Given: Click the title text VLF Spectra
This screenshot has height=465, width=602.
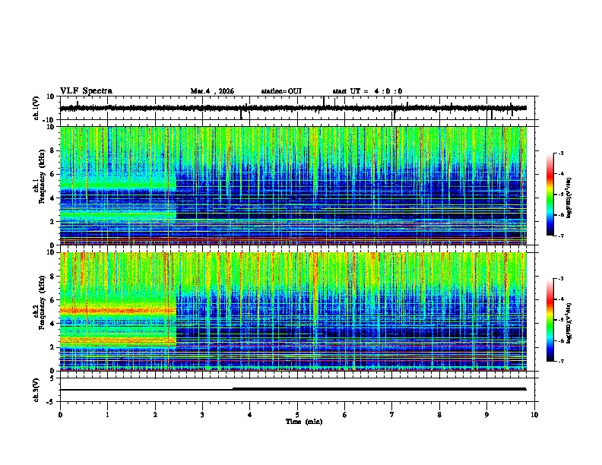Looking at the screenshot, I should click(x=86, y=91).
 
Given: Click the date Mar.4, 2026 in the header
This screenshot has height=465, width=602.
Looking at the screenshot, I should click(x=212, y=91).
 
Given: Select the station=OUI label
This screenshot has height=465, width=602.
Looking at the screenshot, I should click(x=281, y=91).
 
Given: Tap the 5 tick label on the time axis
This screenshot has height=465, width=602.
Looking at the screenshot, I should click(x=297, y=414).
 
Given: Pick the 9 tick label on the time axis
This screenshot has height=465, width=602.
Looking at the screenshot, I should click(x=487, y=414).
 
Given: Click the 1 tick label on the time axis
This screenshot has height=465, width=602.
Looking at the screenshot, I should click(x=108, y=414).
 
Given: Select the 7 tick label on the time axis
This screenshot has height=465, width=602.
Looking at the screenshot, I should click(x=392, y=414).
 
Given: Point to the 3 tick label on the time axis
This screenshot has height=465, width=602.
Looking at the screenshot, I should click(x=203, y=414).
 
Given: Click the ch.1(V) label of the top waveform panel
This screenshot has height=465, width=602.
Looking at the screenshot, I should click(x=36, y=109).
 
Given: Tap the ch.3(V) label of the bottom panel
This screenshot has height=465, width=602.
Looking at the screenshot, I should click(x=36, y=389).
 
